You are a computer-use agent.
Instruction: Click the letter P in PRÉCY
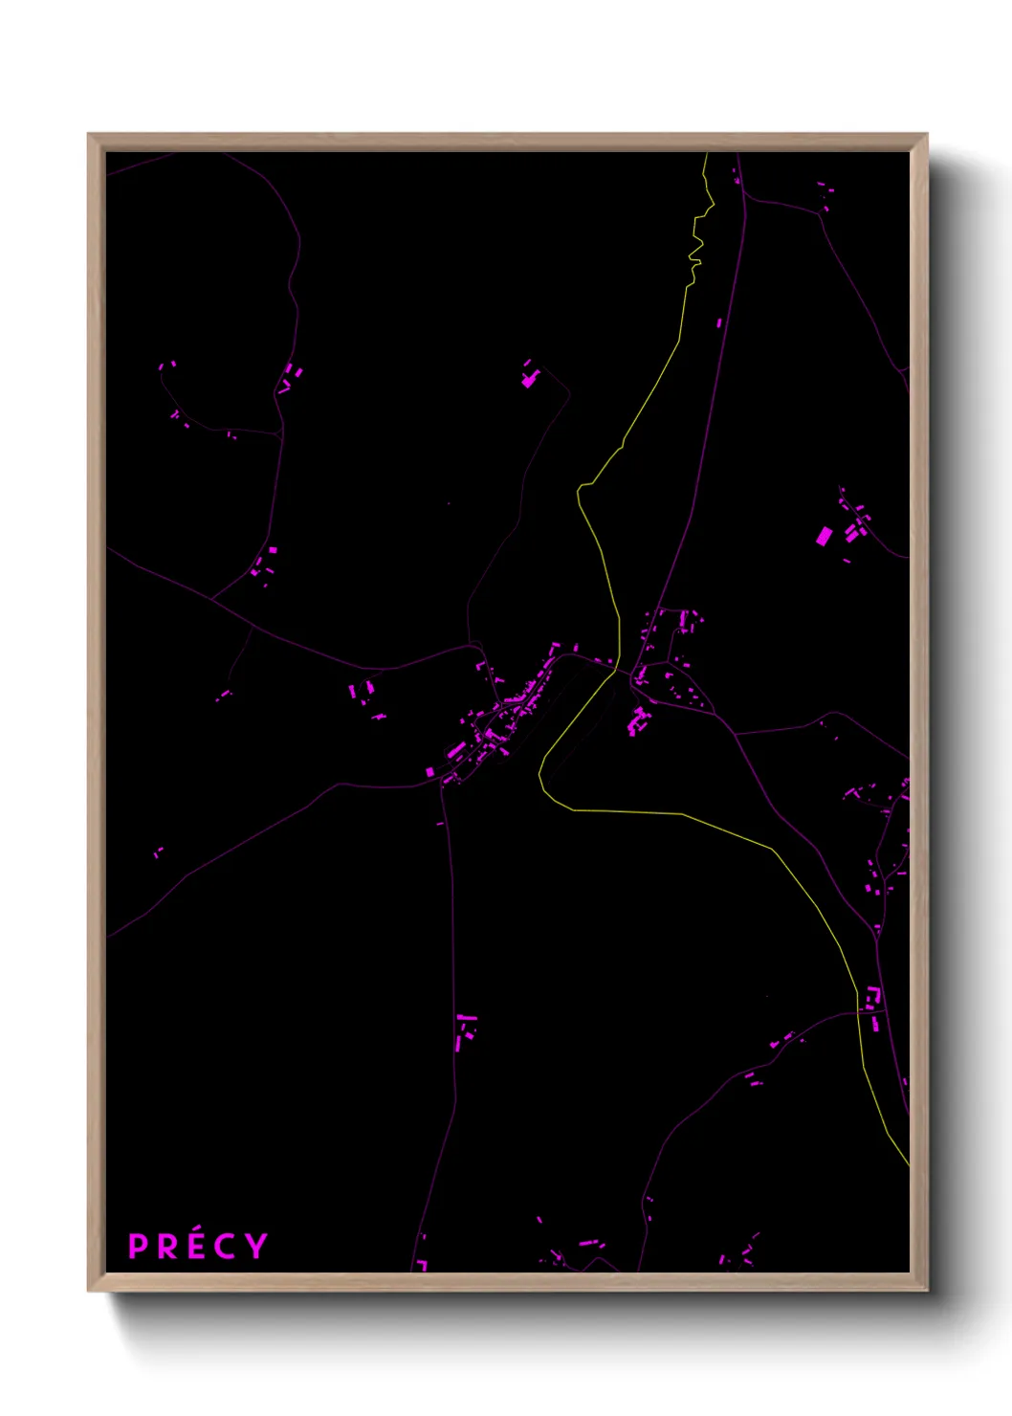(x=139, y=1247)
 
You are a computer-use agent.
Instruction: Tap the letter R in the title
(x=167, y=1247)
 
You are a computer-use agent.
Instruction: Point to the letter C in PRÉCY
(x=226, y=1247)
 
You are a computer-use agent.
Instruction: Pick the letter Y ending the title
(x=255, y=1246)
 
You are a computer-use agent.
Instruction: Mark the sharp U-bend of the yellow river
(x=543, y=775)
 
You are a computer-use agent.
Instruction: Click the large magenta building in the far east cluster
(x=824, y=536)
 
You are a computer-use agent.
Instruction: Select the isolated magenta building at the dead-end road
(x=529, y=379)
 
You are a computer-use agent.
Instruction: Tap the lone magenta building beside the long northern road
(x=719, y=323)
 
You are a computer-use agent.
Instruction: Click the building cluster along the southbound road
(x=465, y=1028)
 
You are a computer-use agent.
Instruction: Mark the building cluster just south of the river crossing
(x=637, y=719)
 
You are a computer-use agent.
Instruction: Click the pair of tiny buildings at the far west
(x=158, y=852)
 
